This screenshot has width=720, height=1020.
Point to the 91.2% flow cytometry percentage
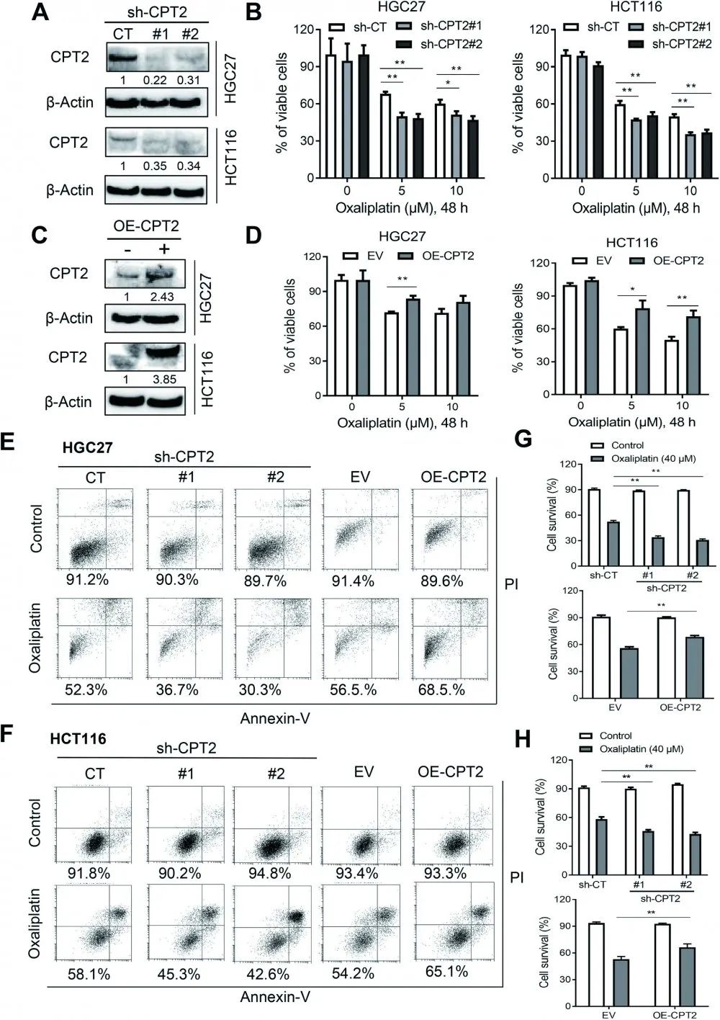pyautogui.click(x=89, y=579)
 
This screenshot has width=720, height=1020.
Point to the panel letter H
pyautogui.click(x=523, y=740)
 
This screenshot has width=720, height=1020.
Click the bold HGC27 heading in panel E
pyautogui.click(x=87, y=447)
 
